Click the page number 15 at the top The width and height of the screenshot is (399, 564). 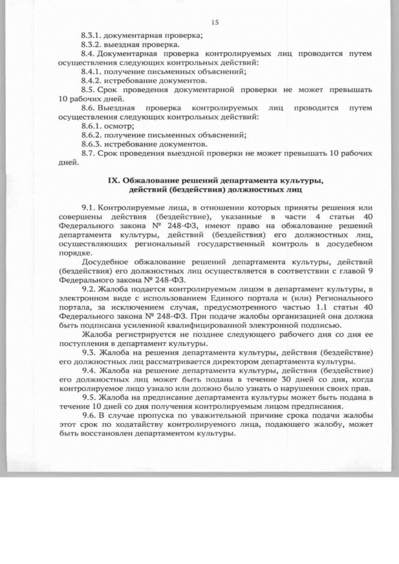tap(215, 22)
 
